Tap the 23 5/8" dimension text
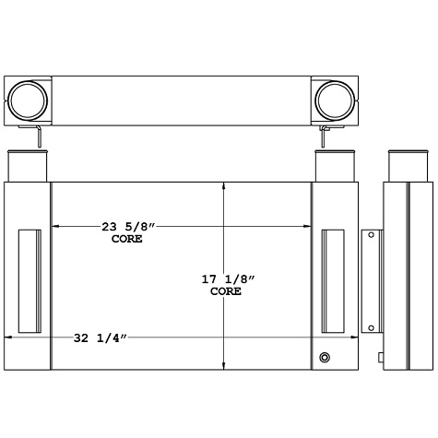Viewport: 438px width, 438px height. (x=125, y=226)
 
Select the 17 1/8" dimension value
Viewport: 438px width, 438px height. (x=226, y=278)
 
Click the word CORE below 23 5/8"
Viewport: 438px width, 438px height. (x=126, y=238)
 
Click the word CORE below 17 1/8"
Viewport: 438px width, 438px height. (x=226, y=290)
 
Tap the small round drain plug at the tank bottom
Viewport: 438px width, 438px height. (x=325, y=358)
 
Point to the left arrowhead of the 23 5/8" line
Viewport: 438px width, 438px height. (x=55, y=226)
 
